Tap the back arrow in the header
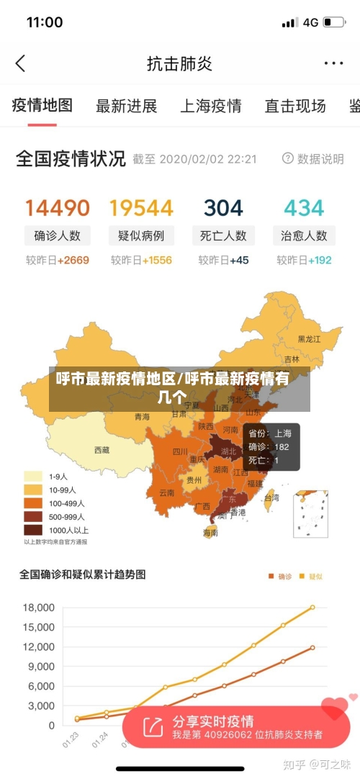20,63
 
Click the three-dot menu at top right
333,63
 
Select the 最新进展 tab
126,107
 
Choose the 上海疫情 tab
210,107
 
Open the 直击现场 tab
294,107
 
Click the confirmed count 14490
58,208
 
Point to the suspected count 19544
141,208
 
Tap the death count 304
223,208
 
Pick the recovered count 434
304,208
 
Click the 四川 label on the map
180,452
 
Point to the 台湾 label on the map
271,497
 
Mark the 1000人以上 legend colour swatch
33,530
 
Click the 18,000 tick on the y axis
39,608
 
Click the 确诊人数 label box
58,235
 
